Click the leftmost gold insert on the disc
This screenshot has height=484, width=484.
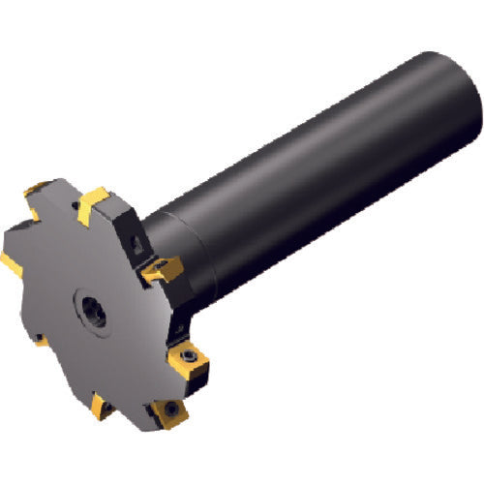pyautogui.click(x=15, y=260)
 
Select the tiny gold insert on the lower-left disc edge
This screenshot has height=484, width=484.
pyautogui.click(x=39, y=341)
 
